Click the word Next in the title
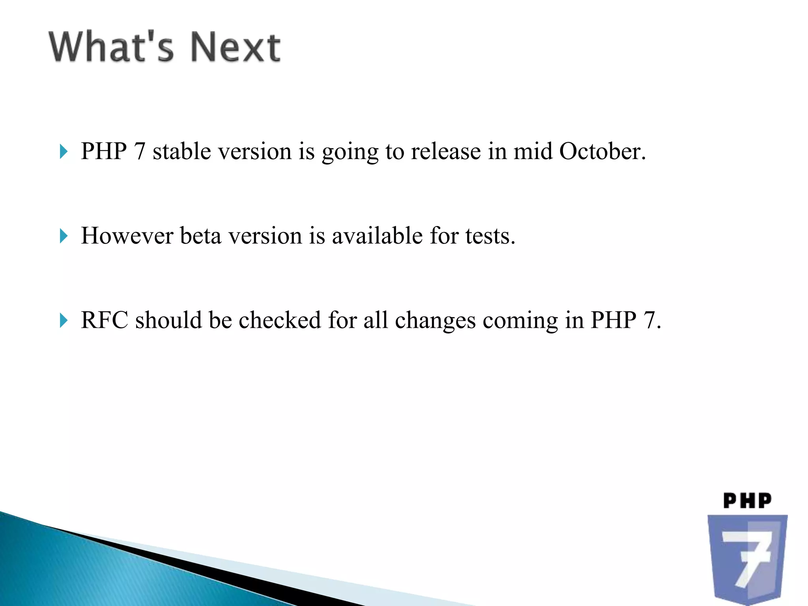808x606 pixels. [x=236, y=47]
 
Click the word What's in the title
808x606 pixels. [x=111, y=47]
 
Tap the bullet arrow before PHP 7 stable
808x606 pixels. [x=64, y=151]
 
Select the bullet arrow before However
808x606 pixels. [x=64, y=236]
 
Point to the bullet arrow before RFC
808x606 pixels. [x=64, y=320]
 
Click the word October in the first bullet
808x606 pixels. [x=602, y=151]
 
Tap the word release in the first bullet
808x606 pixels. [x=446, y=151]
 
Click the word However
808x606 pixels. [x=127, y=236]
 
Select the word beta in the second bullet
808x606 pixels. [x=200, y=236]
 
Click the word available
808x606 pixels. [x=378, y=236]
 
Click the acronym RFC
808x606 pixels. [x=105, y=320]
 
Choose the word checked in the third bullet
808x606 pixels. [x=280, y=320]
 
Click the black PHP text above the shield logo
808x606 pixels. [x=747, y=501]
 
